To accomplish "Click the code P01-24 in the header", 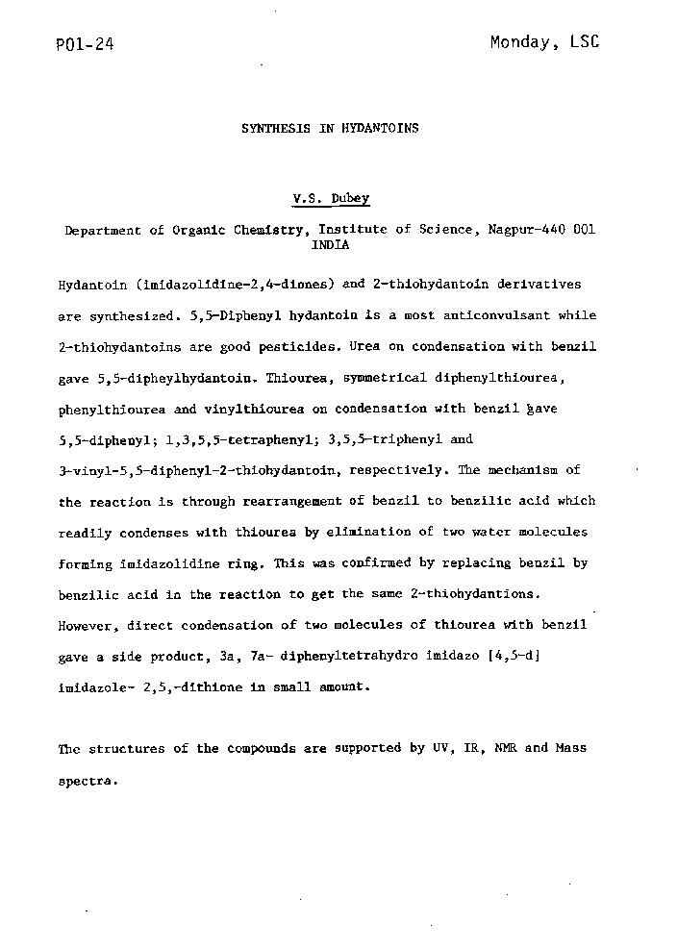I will pyautogui.click(x=86, y=44).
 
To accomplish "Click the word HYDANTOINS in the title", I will pyautogui.click(x=380, y=127).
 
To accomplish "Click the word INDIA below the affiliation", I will pyautogui.click(x=330, y=245).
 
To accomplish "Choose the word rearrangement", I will pyautogui.click(x=288, y=502).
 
